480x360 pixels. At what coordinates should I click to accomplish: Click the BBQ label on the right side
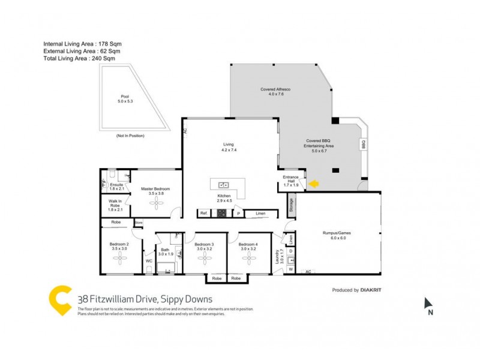coord(363,145)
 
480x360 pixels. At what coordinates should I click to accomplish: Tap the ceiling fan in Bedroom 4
coord(248,259)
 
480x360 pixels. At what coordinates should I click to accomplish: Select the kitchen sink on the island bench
coord(224,185)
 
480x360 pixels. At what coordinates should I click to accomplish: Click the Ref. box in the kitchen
coord(204,213)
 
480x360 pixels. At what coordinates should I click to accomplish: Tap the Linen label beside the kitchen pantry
coord(260,213)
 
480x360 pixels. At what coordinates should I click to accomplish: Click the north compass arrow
coord(428,304)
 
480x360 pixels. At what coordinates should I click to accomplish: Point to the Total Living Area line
coord(79,59)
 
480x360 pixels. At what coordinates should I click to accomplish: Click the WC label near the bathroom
coord(149,261)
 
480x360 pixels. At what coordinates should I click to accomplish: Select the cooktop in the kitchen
coord(221,213)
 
